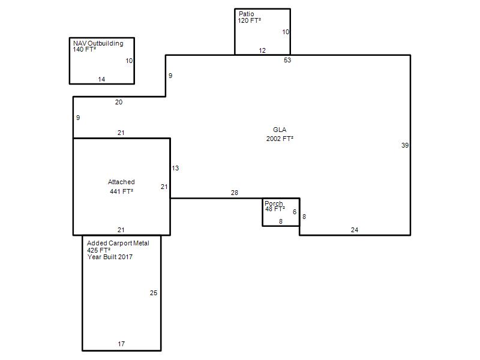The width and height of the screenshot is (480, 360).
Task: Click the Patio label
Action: point(247,14)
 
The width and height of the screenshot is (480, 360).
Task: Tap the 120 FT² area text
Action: point(250,20)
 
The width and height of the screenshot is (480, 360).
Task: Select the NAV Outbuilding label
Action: point(98,43)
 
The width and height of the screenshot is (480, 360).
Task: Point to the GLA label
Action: point(280,130)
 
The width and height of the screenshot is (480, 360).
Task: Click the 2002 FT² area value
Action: point(280,139)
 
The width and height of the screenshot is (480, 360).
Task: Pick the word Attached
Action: point(121,182)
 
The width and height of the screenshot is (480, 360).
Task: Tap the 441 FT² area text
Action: point(122,191)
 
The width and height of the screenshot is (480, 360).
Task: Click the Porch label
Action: point(274,203)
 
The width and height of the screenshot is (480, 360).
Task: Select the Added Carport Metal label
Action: point(118,243)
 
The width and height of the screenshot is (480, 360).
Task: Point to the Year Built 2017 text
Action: point(110,257)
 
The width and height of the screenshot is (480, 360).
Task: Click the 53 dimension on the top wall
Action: point(287,60)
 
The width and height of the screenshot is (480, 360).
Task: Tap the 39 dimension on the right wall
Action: point(405,145)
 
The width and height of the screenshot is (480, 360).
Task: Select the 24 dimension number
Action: point(355,230)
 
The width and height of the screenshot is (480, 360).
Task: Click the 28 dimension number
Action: point(235,193)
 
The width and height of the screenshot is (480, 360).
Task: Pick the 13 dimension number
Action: point(175,168)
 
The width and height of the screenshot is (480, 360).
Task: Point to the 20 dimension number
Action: point(119,102)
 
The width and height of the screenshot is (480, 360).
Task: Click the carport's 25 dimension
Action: point(154,293)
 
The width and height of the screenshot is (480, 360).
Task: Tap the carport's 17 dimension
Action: point(121,344)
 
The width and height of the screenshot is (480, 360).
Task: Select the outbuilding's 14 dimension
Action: point(101,79)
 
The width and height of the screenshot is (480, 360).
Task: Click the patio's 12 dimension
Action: point(262,50)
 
